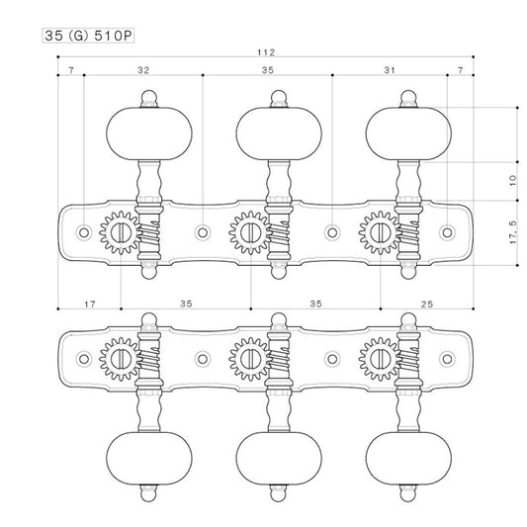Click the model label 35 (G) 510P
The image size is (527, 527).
point(88,36)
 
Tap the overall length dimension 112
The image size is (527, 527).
point(266,52)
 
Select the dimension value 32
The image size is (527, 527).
point(143,70)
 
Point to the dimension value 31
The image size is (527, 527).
point(390,70)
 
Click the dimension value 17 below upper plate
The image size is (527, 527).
point(90,305)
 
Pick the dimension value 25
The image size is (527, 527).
point(427,305)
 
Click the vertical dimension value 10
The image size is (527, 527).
point(513,181)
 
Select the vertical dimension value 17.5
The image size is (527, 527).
point(513,232)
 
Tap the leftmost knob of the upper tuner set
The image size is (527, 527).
point(149,133)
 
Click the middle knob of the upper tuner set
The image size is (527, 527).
point(279,133)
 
